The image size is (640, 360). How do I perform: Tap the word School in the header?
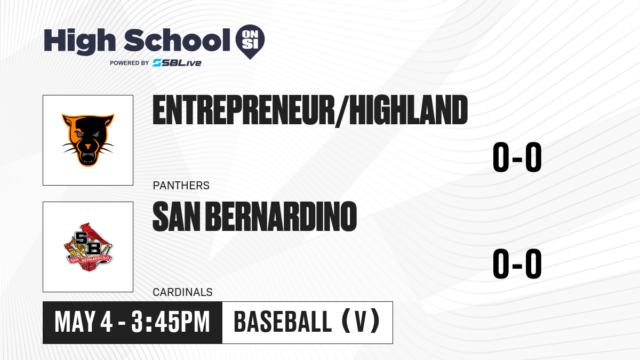click(x=177, y=40)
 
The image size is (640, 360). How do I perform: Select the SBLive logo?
click(x=177, y=63)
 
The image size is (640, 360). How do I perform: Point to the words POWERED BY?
click(x=130, y=63)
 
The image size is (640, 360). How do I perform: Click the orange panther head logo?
click(x=88, y=140)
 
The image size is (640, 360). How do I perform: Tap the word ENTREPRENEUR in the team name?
click(x=243, y=110)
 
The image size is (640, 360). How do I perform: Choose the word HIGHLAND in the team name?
click(x=409, y=110)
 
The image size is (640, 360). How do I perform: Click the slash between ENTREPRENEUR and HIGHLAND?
click(x=342, y=111)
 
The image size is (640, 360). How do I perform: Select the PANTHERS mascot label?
click(x=181, y=186)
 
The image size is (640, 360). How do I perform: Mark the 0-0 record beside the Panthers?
click(x=517, y=157)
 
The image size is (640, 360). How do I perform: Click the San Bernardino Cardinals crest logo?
click(x=88, y=247)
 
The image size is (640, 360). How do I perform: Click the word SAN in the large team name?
click(x=177, y=217)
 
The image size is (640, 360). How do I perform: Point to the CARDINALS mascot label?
click(x=182, y=292)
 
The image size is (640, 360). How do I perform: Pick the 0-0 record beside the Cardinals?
click(x=517, y=263)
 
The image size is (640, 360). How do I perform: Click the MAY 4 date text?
click(x=83, y=322)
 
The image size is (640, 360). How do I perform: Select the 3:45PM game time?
click(x=171, y=322)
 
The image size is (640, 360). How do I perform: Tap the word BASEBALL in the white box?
click(x=283, y=322)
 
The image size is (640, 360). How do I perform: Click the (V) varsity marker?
click(x=361, y=322)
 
